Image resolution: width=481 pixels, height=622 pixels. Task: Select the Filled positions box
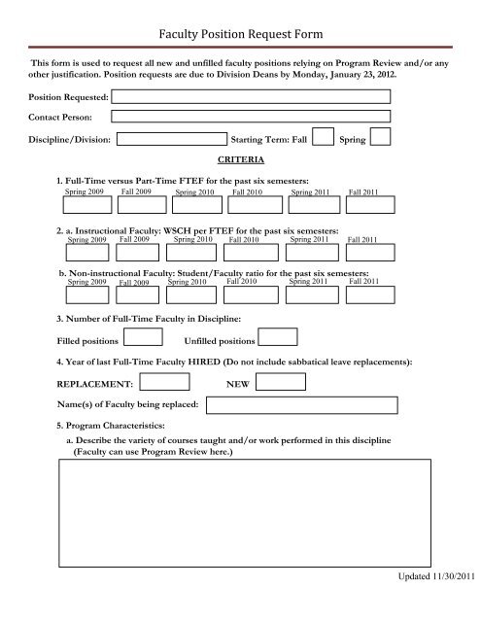pos(145,337)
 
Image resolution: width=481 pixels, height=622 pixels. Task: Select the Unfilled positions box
pos(278,337)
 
